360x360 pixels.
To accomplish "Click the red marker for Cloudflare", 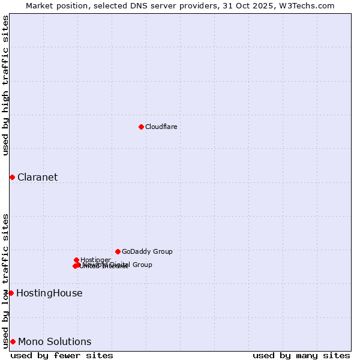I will coord(141,127).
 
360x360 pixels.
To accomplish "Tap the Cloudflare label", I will coord(161,127).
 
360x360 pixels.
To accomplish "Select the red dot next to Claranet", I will coord(12,177).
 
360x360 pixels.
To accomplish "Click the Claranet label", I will coord(37,177).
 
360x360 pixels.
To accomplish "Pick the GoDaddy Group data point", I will coord(118,251).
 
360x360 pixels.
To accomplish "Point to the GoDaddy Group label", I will coord(147,251).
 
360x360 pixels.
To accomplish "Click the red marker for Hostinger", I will coord(76,260).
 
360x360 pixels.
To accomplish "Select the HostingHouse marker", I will coord(11,293).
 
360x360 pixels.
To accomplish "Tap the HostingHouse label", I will coord(49,293).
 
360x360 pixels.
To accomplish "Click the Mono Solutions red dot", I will coord(13,341).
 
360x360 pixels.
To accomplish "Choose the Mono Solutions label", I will coord(55,341).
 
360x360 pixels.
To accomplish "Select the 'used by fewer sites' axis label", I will coord(62,355).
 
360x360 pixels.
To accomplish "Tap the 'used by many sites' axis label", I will coord(301,355).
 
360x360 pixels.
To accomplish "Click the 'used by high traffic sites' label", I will coord(5,85).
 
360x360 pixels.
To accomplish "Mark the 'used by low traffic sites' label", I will coord(5,281).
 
